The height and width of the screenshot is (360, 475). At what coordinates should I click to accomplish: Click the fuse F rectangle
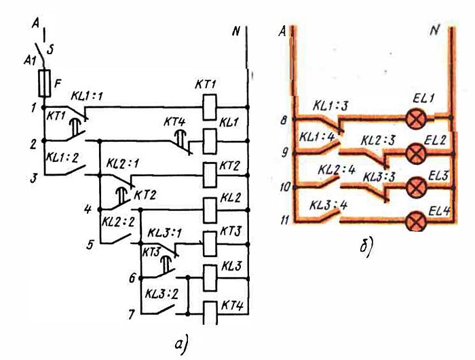pos(45,83)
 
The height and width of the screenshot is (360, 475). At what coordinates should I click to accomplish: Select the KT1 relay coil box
pos(210,107)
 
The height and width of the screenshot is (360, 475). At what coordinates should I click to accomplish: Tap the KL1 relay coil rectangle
pos(210,141)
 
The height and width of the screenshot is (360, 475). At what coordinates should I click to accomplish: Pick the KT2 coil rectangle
pos(210,175)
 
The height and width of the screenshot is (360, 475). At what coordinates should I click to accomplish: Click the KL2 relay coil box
pos(210,209)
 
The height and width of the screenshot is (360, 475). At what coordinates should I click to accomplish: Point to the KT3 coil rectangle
pos(210,244)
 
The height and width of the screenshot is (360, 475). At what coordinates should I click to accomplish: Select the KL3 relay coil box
pos(210,278)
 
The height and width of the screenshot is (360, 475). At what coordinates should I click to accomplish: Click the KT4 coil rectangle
pos(210,313)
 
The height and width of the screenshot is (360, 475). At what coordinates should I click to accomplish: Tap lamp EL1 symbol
pos(416,119)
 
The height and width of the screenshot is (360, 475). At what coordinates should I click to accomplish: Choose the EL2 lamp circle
pos(416,153)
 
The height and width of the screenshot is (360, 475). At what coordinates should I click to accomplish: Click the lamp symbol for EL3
pos(416,188)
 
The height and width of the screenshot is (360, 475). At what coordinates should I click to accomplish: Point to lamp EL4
pos(416,222)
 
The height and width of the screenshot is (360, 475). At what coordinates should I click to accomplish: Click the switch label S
pos(50,49)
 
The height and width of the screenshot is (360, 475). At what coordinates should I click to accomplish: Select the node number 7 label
pos(131,315)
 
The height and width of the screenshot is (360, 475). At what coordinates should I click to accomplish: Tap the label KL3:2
pos(161,294)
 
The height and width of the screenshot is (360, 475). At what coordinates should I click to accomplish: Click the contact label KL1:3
pos(330,106)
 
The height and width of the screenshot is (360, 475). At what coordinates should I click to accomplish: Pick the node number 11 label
pos(285,220)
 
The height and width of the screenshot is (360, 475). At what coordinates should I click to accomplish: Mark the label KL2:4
pos(337,170)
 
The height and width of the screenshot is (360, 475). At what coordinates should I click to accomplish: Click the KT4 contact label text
pos(174,122)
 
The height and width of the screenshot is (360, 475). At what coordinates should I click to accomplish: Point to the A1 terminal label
pos(30,61)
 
